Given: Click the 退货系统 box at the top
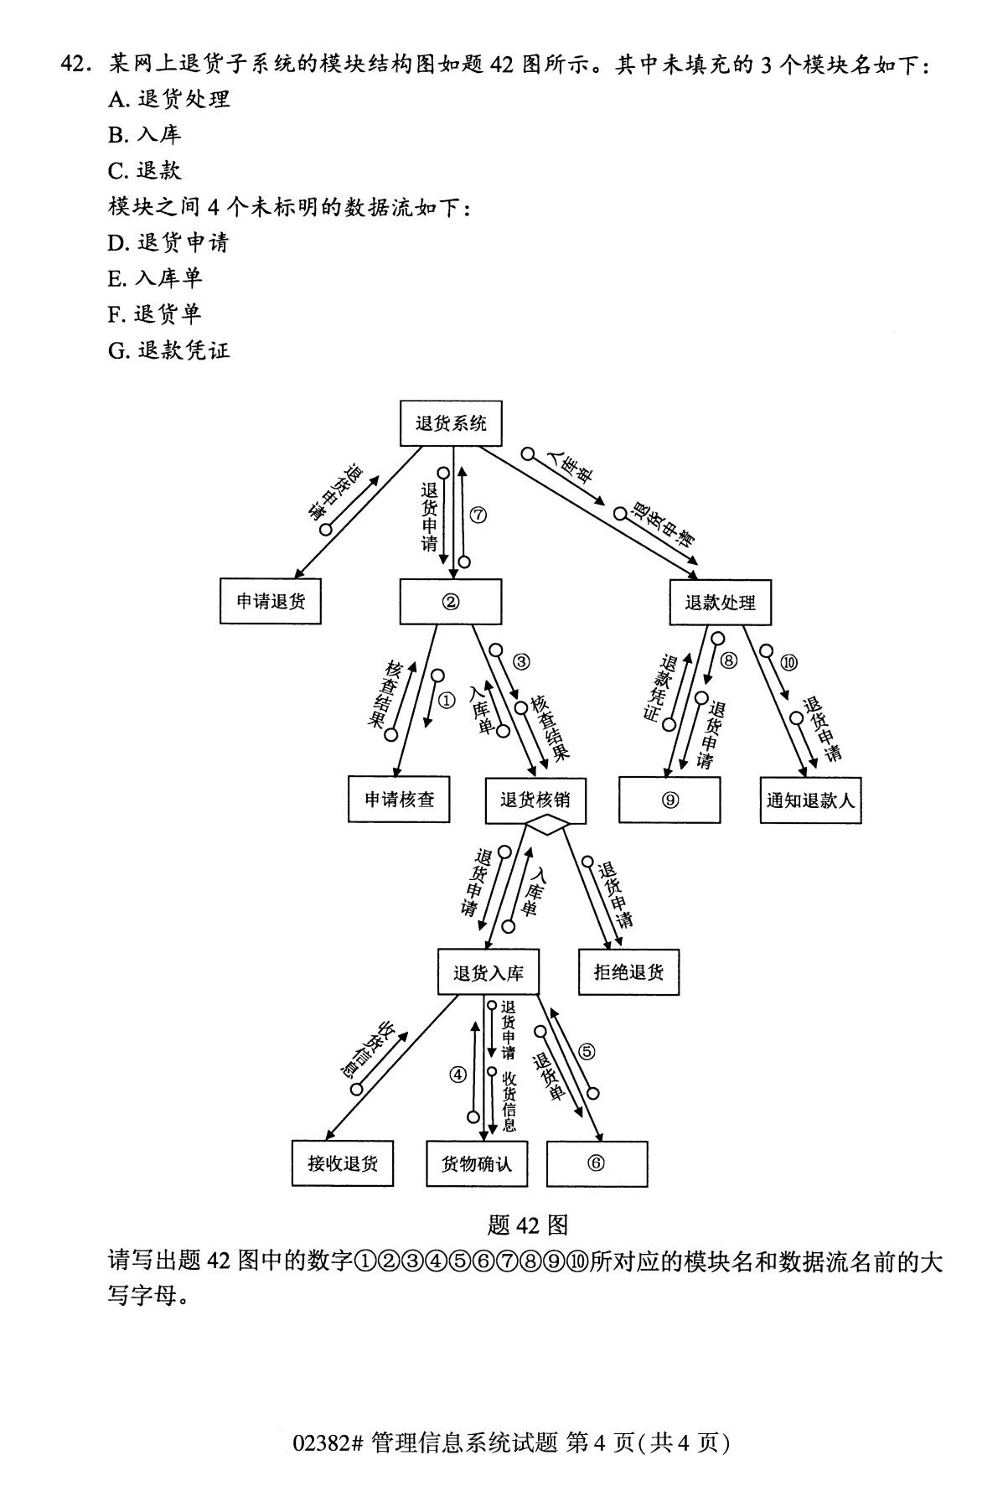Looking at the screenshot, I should pyautogui.click(x=451, y=423).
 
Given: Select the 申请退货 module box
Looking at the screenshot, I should pyautogui.click(x=270, y=601).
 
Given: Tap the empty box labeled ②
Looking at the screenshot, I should pyautogui.click(x=450, y=602).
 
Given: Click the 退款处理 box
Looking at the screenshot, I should pyautogui.click(x=720, y=602).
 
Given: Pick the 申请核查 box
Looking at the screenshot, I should pyautogui.click(x=399, y=800).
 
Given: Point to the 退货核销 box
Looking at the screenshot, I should pyautogui.click(x=535, y=800).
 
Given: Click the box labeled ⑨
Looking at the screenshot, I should pyautogui.click(x=669, y=800).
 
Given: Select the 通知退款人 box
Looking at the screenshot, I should pyautogui.click(x=810, y=800).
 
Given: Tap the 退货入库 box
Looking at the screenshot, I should pyautogui.click(x=488, y=973).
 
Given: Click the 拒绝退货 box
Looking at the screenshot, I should pyautogui.click(x=628, y=972).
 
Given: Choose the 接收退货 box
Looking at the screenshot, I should pyautogui.click(x=343, y=1163).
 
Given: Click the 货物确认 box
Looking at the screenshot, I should pyautogui.click(x=477, y=1163).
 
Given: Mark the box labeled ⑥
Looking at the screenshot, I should pyautogui.click(x=597, y=1163).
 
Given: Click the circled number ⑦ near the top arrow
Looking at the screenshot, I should pyautogui.click(x=478, y=515).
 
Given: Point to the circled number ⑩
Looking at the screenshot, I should pyautogui.click(x=788, y=662).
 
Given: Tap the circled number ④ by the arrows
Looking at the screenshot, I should pyautogui.click(x=457, y=1074).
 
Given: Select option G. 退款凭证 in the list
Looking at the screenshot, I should pyautogui.click(x=168, y=350).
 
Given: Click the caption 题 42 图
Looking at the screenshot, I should pyautogui.click(x=528, y=1225).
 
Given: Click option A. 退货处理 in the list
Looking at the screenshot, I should pyautogui.click(x=168, y=99).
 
